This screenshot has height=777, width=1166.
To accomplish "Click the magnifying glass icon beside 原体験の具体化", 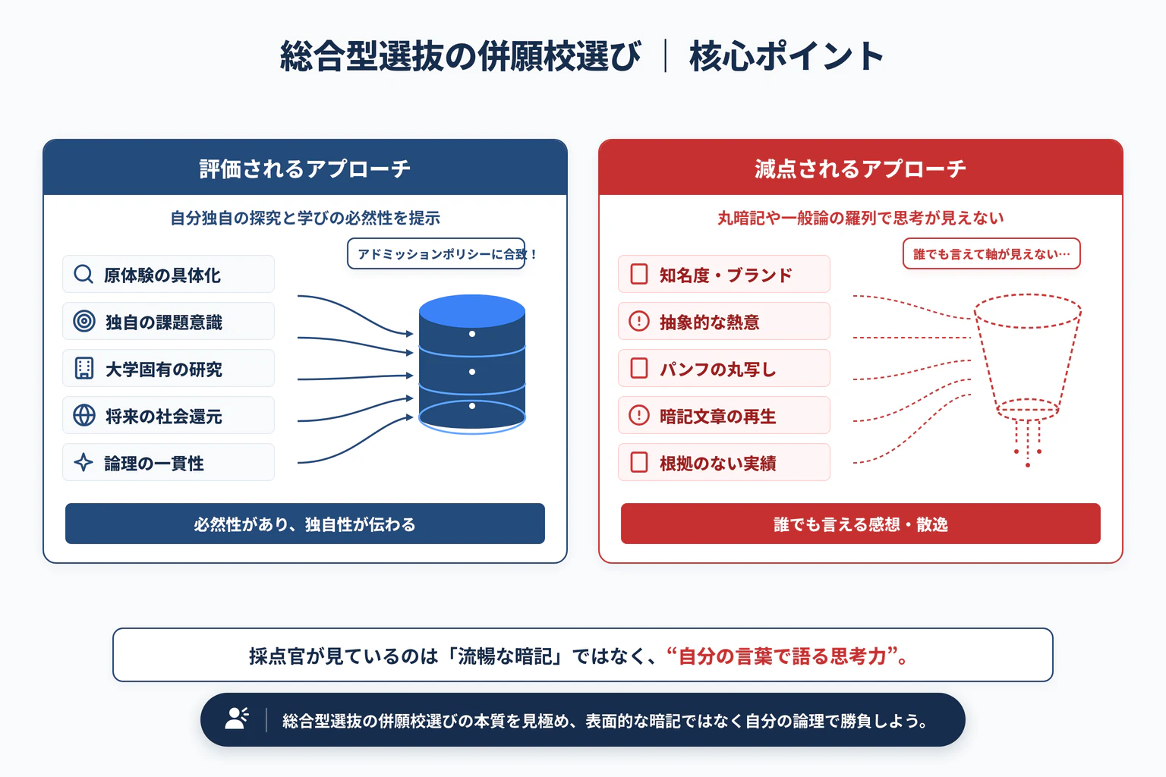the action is coord(84,274).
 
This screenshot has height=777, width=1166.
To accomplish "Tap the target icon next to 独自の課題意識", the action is coord(84,321).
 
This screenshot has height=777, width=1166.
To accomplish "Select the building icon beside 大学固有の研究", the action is coord(84,368).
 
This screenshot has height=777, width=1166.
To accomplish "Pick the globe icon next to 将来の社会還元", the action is coord(84,415).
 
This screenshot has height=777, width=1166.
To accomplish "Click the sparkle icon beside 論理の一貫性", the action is coord(84,462).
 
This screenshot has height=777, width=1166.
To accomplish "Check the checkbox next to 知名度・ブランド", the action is coord(638,274).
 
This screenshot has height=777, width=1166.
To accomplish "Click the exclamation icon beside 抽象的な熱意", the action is coord(638,321).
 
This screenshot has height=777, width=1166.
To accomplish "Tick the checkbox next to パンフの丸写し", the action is coord(638,368).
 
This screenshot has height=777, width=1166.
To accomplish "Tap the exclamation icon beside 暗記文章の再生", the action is coord(638,415).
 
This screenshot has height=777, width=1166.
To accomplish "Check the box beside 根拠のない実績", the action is coord(638,462).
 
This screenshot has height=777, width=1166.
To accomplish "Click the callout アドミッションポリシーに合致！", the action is coord(436,253).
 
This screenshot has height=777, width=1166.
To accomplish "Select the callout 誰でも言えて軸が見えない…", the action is coord(991,253).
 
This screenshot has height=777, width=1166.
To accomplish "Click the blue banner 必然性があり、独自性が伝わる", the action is coord(305,524).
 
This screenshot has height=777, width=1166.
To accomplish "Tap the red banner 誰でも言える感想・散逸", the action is coord(860,524).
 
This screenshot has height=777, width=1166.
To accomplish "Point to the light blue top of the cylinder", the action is coord(471,310).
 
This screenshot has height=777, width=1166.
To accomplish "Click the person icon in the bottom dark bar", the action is coord(237,719).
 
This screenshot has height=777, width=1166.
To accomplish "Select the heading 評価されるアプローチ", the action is coord(305,169).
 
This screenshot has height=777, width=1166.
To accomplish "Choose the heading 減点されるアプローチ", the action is coord(860,169).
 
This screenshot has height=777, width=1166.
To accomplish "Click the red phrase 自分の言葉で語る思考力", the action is coord(783,656).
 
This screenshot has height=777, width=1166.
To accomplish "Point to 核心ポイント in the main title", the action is coord(786,56).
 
